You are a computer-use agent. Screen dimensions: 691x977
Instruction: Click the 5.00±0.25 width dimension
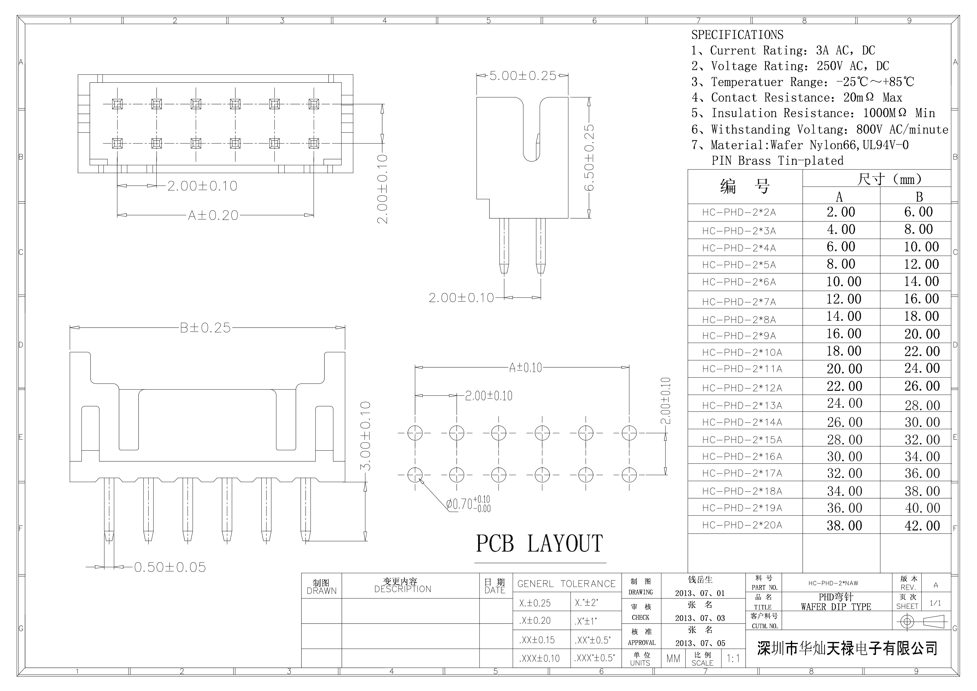[523, 76]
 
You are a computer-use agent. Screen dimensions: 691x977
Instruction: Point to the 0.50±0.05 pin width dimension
[170, 567]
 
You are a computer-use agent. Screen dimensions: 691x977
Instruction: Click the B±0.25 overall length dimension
[205, 328]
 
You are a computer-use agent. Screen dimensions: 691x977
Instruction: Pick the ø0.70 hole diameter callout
[468, 504]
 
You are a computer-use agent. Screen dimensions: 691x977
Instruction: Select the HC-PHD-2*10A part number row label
[742, 352]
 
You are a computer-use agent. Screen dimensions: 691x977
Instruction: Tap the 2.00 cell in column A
[841, 212]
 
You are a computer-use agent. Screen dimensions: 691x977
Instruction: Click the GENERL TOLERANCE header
[566, 584]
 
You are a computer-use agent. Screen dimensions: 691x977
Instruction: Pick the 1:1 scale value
[733, 659]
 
